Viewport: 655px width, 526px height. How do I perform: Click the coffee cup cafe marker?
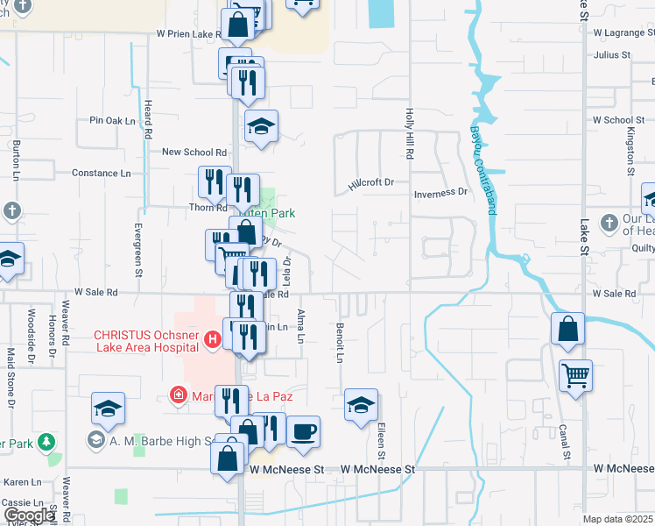pyautogui.click(x=303, y=431)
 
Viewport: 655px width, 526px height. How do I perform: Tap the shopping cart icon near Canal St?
pyautogui.click(x=575, y=376)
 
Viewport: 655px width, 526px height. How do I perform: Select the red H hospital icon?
pyautogui.click(x=210, y=338)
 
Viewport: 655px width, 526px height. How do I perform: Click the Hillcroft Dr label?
pyautogui.click(x=371, y=183)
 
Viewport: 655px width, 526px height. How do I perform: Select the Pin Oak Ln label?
pyautogui.click(x=114, y=120)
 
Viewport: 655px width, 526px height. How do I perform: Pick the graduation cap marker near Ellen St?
pyautogui.click(x=361, y=405)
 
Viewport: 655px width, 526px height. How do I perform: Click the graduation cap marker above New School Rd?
pyautogui.click(x=261, y=127)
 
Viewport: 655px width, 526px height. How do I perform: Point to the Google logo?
pyautogui.click(x=28, y=515)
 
